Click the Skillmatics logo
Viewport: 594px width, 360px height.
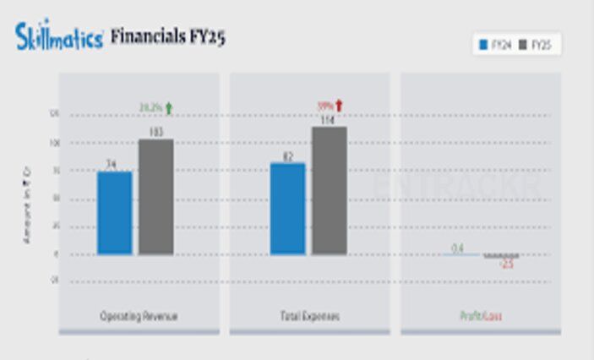(x=59, y=36)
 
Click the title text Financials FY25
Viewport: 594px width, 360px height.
(x=168, y=37)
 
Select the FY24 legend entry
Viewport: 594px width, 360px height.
(x=494, y=45)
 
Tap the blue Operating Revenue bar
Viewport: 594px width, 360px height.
(x=114, y=213)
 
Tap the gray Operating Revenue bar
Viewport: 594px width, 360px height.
(x=155, y=197)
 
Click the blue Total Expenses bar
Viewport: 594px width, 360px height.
(x=287, y=209)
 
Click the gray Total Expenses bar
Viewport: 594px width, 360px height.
(x=330, y=191)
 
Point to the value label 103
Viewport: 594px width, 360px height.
(x=155, y=132)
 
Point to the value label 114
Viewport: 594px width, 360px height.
(x=328, y=120)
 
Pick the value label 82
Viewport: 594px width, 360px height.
(x=287, y=156)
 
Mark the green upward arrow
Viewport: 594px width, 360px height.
(x=168, y=107)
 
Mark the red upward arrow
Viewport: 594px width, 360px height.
(x=340, y=106)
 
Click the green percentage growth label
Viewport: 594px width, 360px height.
(x=150, y=107)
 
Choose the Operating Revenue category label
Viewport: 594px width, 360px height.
(x=139, y=316)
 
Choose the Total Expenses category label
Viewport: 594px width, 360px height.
(x=308, y=316)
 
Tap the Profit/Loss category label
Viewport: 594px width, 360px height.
(x=481, y=316)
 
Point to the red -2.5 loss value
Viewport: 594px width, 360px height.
(x=506, y=265)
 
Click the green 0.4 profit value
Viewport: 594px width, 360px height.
(x=457, y=248)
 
